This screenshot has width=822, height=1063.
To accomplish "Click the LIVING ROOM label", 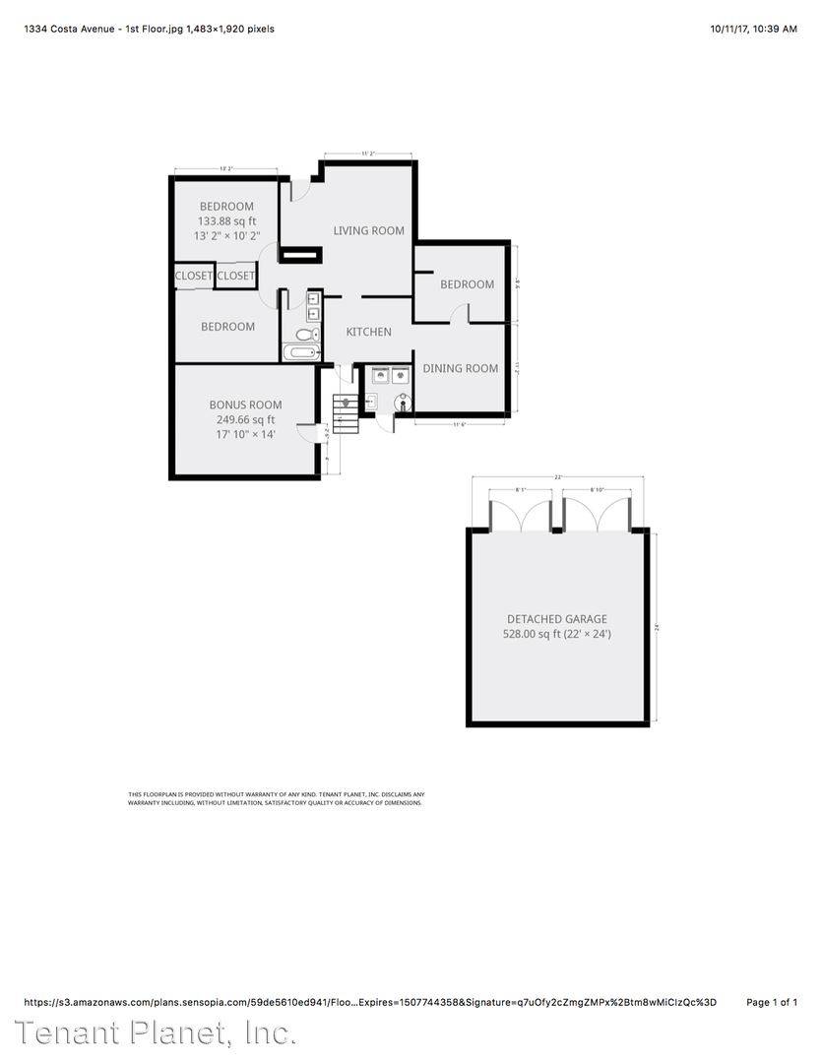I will point(368,230).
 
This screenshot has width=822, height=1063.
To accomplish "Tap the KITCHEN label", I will point(368,332).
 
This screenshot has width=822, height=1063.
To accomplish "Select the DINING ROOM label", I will point(460,368).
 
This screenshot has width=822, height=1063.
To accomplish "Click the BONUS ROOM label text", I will point(245,405).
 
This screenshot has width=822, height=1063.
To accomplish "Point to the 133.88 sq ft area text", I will point(226,221).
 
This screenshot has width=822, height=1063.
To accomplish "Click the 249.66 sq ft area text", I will point(245,419).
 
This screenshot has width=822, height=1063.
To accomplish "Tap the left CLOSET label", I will point(194,276).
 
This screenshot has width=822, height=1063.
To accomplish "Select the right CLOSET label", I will point(235,276).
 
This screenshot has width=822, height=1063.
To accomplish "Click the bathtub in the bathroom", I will point(301,352).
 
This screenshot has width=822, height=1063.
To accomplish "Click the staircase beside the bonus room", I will point(345,413).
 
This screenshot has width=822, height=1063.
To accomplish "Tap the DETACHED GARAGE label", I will point(557,619).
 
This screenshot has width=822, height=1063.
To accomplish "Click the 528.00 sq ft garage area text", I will point(557,634).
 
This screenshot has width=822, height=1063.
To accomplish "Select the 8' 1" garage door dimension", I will point(522,489).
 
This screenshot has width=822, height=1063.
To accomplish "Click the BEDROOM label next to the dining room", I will point(467,284).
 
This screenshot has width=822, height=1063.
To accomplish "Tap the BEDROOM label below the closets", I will point(227,327).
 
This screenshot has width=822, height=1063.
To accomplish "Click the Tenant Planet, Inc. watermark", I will point(156,1034).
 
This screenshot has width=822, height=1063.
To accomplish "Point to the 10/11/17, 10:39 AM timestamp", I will point(753,29).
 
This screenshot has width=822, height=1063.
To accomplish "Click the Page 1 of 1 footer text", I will point(772,1002).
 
